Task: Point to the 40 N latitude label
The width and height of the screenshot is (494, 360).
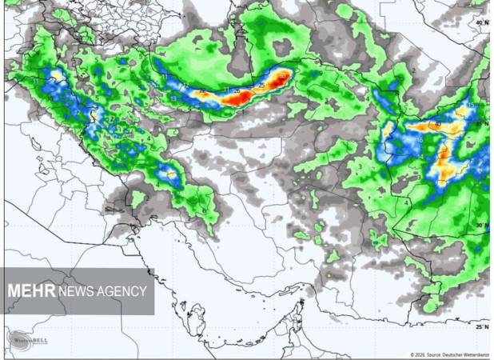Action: coord(480,22)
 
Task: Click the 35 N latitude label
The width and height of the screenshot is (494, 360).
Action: coord(480,124)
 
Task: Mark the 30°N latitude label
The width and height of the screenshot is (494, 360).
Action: coord(480,226)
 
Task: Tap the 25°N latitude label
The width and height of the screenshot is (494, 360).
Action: coord(480,326)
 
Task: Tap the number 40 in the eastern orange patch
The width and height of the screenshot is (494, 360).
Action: coord(437,125)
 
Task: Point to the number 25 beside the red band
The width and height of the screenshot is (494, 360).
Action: coord(262,84)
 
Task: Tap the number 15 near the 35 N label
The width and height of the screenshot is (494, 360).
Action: coord(470,106)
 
